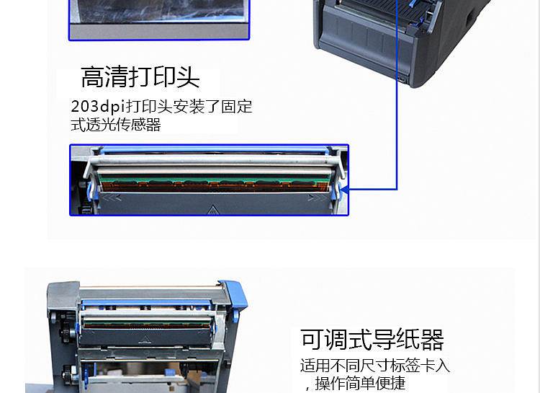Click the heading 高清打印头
[x=140, y=76]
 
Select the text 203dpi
[x=97, y=106]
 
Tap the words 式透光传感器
[x=116, y=125]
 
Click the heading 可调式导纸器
[x=372, y=339]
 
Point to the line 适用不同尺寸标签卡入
[x=375, y=366]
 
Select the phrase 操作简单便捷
[x=360, y=383]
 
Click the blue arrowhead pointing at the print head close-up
[x=344, y=190]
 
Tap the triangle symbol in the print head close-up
[x=213, y=209]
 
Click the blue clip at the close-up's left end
[x=91, y=191]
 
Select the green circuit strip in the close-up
[x=214, y=180]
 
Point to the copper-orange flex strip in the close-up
[x=214, y=187]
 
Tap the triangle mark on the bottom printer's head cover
[x=146, y=340]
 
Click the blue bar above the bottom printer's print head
[x=146, y=304]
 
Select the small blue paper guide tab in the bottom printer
[x=171, y=373]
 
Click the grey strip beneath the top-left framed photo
[x=159, y=32]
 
